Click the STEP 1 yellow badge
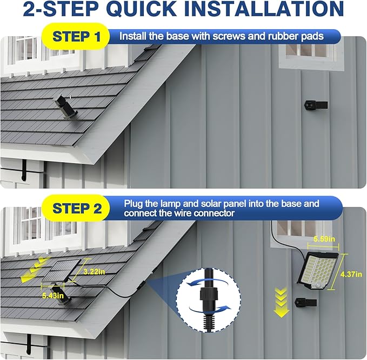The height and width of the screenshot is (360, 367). pos(76,36)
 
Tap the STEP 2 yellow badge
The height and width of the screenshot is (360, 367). pos(76,208)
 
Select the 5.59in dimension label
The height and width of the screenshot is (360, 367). pos(324,239)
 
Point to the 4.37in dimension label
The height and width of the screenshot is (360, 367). pos(351,274)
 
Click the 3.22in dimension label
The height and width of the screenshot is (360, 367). pos(95,272)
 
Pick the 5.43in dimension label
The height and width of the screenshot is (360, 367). pos(53,296)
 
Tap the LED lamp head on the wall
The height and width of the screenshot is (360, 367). pos(318,270)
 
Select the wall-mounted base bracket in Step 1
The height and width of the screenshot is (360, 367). pos(316,105)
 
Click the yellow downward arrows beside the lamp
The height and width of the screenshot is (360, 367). pos(281,302)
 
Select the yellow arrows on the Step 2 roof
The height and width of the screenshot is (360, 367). pos(35,269)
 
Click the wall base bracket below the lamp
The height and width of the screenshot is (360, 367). pos(306,302)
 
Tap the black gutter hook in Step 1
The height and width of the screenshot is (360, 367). pos(24,170)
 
